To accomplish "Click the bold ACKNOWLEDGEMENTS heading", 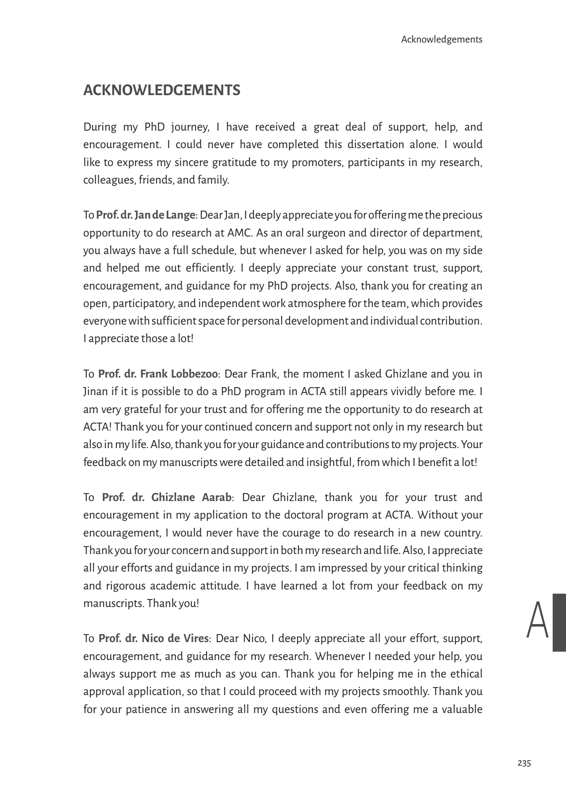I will click(162, 90).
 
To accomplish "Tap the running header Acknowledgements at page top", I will click(442, 40).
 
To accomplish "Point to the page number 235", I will click(524, 763).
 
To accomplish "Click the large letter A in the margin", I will click(537, 620).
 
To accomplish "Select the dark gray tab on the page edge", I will click(559, 622).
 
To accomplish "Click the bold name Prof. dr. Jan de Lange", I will click(145, 215).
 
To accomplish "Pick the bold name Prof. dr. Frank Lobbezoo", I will click(158, 374).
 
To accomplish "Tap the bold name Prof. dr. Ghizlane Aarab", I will click(167, 497).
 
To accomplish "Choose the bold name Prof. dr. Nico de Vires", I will click(153, 639).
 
